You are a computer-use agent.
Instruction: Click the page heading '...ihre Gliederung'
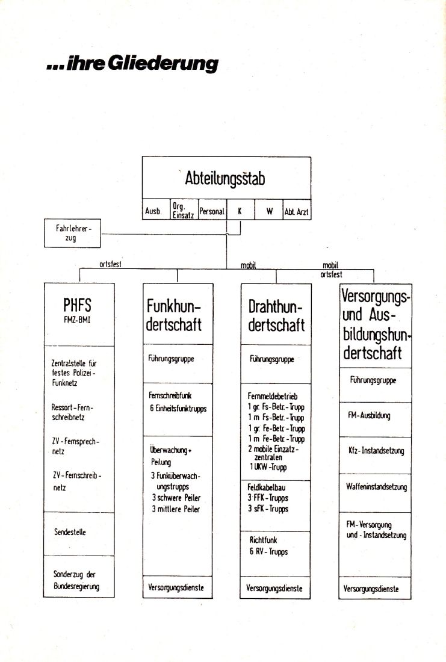click(132, 63)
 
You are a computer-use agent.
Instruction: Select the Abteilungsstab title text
click(225, 179)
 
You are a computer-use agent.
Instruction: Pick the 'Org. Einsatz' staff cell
click(183, 210)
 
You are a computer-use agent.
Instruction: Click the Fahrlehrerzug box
click(72, 233)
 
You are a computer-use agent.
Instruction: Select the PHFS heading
click(77, 305)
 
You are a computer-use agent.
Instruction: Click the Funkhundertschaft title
click(173, 315)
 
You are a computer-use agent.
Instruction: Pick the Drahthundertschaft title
click(276, 316)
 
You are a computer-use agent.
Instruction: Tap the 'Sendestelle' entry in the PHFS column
click(70, 532)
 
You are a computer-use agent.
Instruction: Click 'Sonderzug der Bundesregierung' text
click(76, 580)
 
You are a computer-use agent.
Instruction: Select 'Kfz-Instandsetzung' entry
click(376, 451)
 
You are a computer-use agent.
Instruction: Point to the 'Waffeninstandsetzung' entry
click(376, 487)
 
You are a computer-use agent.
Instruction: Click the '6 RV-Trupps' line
click(268, 551)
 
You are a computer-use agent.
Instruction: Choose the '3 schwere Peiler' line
click(176, 498)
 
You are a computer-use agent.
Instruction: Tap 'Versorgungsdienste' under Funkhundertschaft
click(176, 587)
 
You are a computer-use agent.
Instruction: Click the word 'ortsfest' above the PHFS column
click(110, 264)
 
